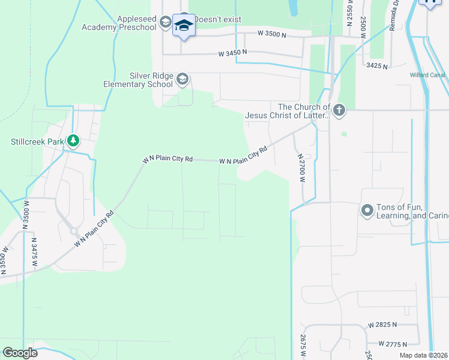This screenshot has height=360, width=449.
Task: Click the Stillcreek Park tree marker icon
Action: point(73,141)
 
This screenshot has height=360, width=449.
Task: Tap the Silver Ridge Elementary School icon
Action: point(182,79)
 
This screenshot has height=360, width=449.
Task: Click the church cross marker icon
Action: point(339,110)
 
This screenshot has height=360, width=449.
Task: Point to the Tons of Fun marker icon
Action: point(367,210)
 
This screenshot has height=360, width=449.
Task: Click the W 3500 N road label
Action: point(272,35)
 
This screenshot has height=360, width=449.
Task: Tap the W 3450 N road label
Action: point(232,53)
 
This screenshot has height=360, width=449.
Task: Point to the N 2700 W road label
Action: point(302,167)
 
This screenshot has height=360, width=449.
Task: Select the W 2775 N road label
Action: point(393,344)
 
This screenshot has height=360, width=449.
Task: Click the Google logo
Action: point(19,353)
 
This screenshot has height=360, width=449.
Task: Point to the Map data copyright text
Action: point(423,355)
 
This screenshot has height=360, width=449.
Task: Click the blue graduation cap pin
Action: point(184,26)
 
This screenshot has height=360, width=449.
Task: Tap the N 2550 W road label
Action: point(350,13)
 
